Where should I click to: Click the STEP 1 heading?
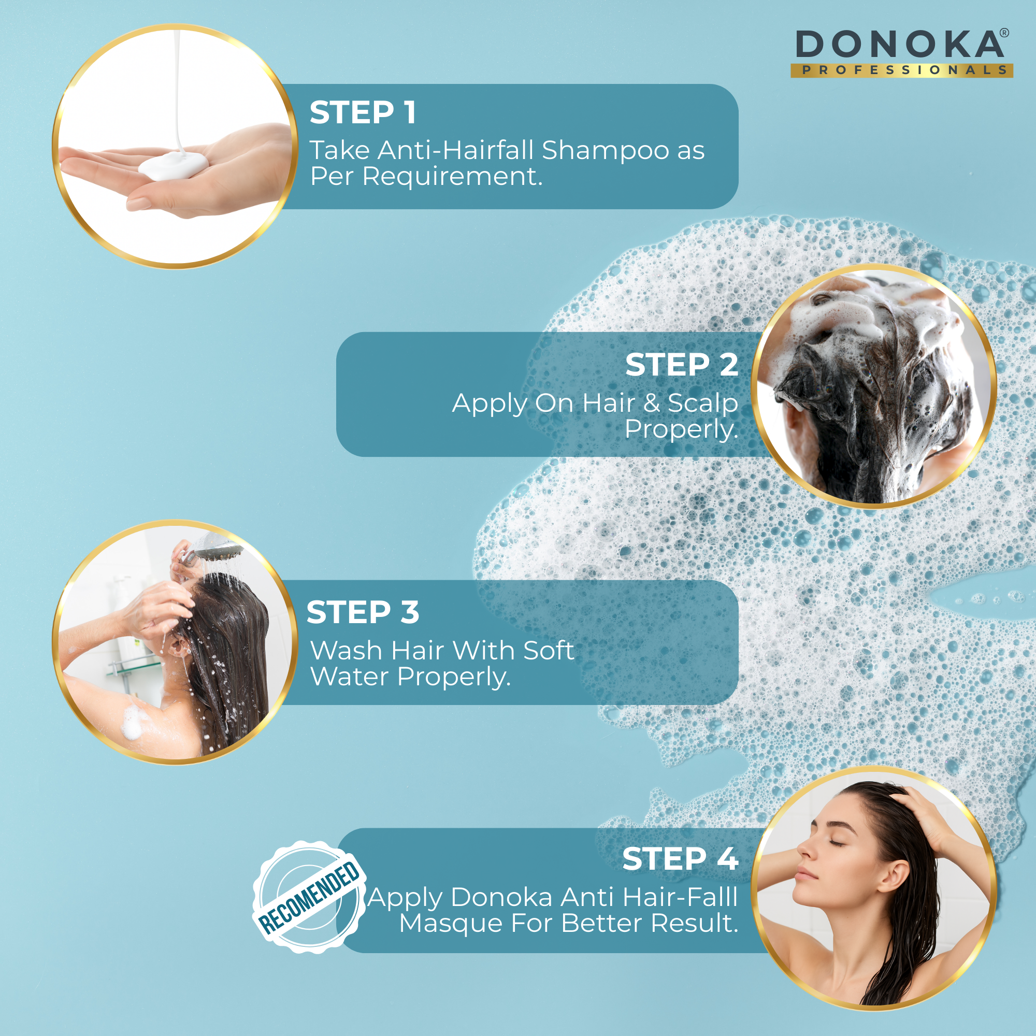tap(363, 112)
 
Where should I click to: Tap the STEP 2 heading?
tap(682, 365)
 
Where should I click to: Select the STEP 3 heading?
tap(363, 612)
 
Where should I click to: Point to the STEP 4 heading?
tap(681, 858)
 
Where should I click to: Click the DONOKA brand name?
tap(899, 45)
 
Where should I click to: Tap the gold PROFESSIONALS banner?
tap(901, 70)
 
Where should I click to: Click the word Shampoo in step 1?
tap(606, 151)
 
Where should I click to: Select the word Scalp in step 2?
tap(703, 403)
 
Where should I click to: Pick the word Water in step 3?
tap(350, 676)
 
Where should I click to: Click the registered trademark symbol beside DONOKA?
tap(1004, 33)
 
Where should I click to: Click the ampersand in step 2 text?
tap(652, 403)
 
